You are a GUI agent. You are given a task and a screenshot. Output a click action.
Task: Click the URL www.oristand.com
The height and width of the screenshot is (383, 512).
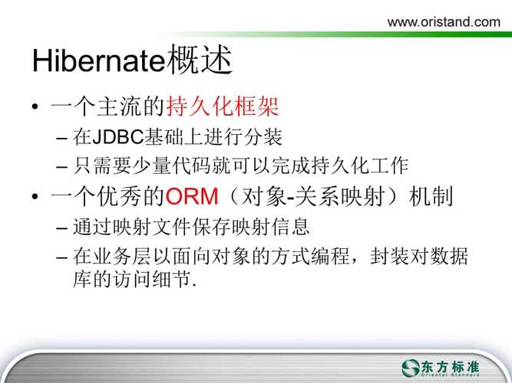[x=444, y=22]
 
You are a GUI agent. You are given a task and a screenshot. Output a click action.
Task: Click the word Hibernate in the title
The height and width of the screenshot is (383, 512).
[x=98, y=61]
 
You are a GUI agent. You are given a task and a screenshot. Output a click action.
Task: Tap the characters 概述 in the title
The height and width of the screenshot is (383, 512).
[x=199, y=60]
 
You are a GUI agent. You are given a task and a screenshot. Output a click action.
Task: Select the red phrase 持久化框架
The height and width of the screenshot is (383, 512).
[x=223, y=106]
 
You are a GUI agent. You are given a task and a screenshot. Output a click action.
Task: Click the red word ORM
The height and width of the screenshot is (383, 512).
[x=192, y=196]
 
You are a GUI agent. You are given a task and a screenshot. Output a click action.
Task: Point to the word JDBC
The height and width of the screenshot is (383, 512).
[x=118, y=137]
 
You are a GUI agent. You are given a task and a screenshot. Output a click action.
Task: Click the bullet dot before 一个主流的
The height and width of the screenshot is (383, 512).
[x=35, y=106]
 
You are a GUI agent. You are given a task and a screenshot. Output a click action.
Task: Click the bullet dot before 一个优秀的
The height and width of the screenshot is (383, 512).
[x=35, y=196]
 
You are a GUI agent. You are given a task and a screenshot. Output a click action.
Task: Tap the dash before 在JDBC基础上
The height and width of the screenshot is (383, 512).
[x=61, y=138]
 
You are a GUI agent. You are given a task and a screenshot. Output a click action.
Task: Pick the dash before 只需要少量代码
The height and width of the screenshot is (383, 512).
[x=61, y=167]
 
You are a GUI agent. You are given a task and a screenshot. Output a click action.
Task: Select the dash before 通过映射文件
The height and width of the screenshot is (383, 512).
[x=61, y=228]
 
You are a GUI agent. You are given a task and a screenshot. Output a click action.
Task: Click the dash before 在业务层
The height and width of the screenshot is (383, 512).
[x=61, y=257]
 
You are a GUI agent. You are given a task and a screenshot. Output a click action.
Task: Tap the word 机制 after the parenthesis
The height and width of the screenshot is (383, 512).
[x=431, y=196]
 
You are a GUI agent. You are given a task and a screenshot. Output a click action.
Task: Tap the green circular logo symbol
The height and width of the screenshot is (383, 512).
[x=411, y=368]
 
